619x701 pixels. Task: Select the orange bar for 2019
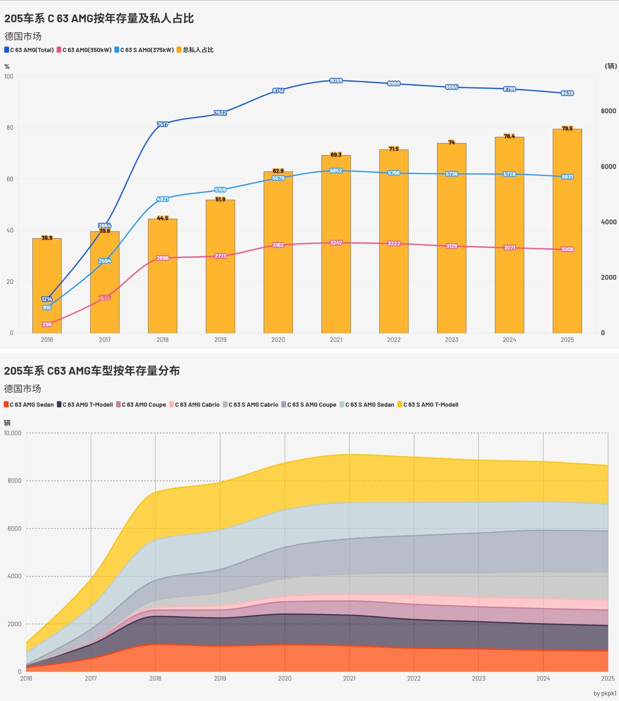pyautogui.click(x=220, y=268)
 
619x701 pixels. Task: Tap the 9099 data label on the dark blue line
pyautogui.click(x=336, y=80)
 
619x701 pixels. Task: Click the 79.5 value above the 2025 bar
pyautogui.click(x=567, y=129)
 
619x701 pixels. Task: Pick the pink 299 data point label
pyautogui.click(x=47, y=324)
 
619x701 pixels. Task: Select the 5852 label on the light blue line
pyautogui.click(x=336, y=171)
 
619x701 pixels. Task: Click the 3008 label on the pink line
pyautogui.click(x=567, y=249)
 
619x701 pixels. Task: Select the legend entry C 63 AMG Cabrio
pyautogui.click(x=194, y=405)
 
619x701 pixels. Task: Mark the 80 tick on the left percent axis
pyautogui.click(x=10, y=127)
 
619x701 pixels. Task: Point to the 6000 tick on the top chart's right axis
pyautogui.click(x=608, y=167)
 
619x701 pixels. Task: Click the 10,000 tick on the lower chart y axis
pyautogui.click(x=13, y=433)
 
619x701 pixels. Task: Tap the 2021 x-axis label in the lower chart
pyautogui.click(x=349, y=678)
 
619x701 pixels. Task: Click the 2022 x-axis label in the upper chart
pyautogui.click(x=394, y=340)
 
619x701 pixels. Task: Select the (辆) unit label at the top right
pyautogui.click(x=611, y=66)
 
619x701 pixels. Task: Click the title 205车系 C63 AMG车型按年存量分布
pyautogui.click(x=92, y=371)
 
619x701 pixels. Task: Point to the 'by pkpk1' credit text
pyautogui.click(x=605, y=694)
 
